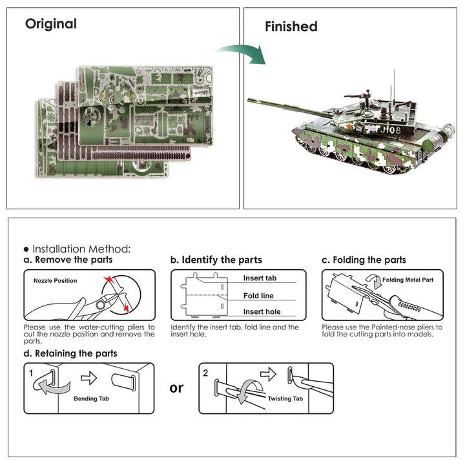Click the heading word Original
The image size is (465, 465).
(x=50, y=24)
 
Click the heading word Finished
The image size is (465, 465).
(x=291, y=26)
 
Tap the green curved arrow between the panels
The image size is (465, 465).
(x=242, y=54)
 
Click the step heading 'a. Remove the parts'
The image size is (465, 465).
(x=68, y=260)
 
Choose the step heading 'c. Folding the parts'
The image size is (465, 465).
(x=364, y=260)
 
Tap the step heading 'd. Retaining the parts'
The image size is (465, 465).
(x=70, y=353)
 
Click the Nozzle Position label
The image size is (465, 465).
(x=55, y=281)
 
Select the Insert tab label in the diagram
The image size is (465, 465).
(x=260, y=278)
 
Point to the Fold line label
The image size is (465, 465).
(x=258, y=296)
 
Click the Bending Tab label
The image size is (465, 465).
(x=90, y=399)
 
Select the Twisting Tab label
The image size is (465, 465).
(x=284, y=400)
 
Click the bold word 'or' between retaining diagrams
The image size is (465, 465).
(x=176, y=387)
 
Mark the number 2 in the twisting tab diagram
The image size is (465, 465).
(x=205, y=373)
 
